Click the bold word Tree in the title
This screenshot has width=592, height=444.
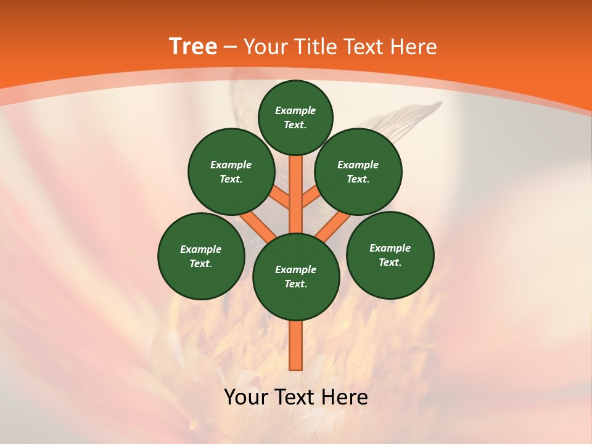coord(193,46)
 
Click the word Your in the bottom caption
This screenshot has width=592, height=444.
coord(247,397)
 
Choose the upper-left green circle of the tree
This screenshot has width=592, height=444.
coord(231,172)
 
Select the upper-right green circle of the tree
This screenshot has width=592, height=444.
coord(358,172)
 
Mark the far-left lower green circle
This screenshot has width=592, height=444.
coord(201,256)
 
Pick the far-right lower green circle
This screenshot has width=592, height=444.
coord(390,255)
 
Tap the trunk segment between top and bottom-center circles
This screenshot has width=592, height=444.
coord(296,194)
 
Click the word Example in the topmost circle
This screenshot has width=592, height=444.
coord(295,110)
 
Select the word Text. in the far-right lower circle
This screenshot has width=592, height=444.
coord(390,262)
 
